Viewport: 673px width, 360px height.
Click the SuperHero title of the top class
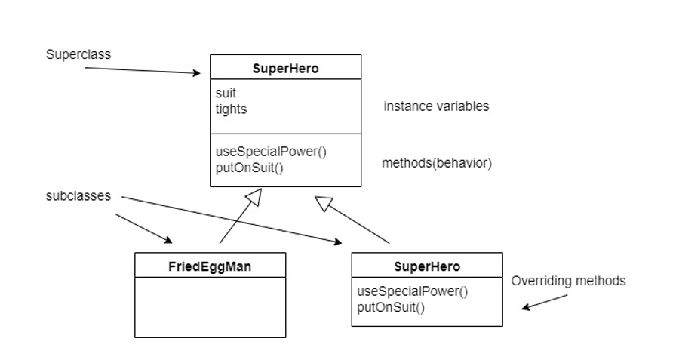(x=285, y=69)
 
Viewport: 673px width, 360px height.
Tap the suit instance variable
(x=226, y=94)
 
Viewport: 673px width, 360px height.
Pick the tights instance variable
(x=231, y=109)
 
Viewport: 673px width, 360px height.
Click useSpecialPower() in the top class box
(x=271, y=151)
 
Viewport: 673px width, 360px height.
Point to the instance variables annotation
(x=436, y=106)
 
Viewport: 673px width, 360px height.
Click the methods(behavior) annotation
(x=437, y=162)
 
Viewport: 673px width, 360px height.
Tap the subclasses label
(x=78, y=196)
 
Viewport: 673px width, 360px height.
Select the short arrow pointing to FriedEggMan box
(x=143, y=229)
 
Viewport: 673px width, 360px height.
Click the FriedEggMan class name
(x=210, y=266)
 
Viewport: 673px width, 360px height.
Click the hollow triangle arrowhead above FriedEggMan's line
(x=254, y=198)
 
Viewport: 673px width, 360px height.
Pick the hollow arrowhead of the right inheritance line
(x=322, y=202)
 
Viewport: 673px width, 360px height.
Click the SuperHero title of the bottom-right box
(x=427, y=266)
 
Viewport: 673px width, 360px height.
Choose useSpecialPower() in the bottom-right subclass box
(x=412, y=291)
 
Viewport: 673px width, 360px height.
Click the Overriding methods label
(x=568, y=281)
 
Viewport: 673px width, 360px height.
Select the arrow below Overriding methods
(x=545, y=302)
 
